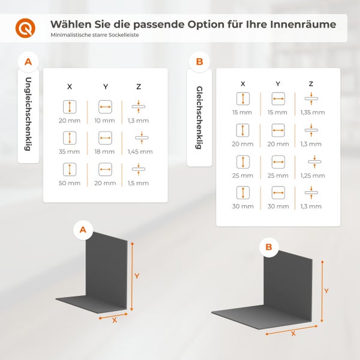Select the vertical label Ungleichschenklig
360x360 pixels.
tap(28, 116)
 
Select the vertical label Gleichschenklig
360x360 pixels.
tap(199, 118)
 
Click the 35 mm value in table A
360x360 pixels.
tap(70, 152)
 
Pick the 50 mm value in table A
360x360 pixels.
tap(70, 183)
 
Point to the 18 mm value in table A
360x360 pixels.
tap(105, 152)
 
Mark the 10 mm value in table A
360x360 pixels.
tap(105, 121)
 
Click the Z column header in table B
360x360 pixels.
tap(311, 84)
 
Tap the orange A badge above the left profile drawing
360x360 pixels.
tap(83, 229)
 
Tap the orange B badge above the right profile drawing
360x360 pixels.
tap(268, 247)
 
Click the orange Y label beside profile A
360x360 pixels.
tap(137, 276)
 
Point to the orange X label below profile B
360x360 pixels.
tap(293, 333)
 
